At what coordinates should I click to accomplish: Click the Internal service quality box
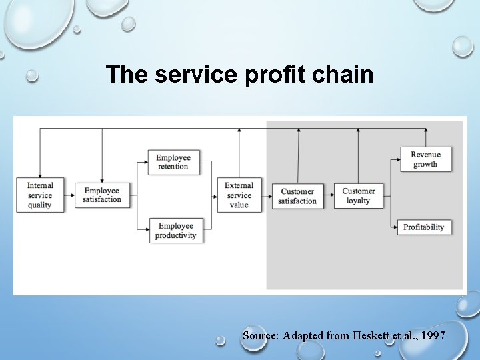click(x=40, y=195)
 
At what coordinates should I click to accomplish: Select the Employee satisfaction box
click(x=102, y=195)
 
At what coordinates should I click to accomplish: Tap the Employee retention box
click(x=173, y=162)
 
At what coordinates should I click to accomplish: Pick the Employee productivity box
click(x=175, y=231)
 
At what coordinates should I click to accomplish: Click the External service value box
click(x=239, y=195)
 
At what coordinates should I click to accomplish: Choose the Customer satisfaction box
click(x=297, y=196)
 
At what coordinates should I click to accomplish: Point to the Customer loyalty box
click(x=359, y=196)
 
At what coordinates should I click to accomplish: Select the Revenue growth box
click(x=425, y=159)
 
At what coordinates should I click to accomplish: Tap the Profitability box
click(x=423, y=227)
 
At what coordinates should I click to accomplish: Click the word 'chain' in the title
click(x=347, y=75)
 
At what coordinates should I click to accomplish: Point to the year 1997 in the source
click(x=434, y=335)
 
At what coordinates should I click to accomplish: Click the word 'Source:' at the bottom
click(x=261, y=335)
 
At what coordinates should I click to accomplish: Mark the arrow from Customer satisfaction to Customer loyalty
click(x=329, y=196)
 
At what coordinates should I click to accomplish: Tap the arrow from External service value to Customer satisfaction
click(x=267, y=196)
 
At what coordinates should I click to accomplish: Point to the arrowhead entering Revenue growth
click(x=397, y=160)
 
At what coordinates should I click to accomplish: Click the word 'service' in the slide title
click(x=193, y=75)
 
